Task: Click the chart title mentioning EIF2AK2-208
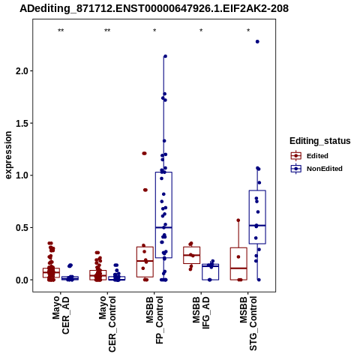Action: (154, 8)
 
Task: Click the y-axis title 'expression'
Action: (8, 155)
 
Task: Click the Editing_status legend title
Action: (320, 141)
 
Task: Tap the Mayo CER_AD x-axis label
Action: (61, 315)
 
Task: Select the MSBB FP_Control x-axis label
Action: (154, 320)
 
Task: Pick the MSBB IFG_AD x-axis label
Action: (201, 313)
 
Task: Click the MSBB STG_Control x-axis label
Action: (248, 323)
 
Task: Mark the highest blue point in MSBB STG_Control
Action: (257, 42)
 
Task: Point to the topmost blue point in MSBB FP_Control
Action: (165, 56)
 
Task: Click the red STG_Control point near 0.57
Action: (238, 220)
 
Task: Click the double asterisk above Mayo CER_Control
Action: (107, 31)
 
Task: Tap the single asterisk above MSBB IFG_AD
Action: (201, 31)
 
